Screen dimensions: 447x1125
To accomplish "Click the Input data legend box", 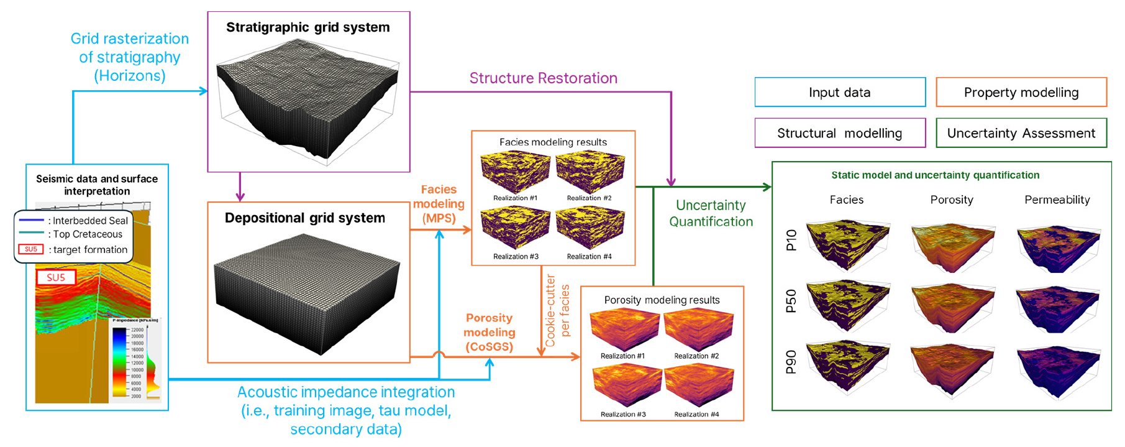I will [840, 93].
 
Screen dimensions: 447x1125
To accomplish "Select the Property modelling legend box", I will [1021, 93].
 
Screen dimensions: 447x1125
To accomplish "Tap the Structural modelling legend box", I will [840, 133].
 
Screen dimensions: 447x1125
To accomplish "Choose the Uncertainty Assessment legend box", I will [1021, 133].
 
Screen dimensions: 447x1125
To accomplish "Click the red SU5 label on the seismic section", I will [56, 278].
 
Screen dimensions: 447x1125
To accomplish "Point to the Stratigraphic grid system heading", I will [308, 27].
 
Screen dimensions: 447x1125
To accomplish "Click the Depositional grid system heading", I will [305, 218].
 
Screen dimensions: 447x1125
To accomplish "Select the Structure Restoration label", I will [543, 78].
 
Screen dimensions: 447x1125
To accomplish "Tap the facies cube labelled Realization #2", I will [590, 173].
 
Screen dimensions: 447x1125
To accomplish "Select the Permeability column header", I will [1057, 200].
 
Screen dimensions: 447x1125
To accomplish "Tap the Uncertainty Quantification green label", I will [711, 213].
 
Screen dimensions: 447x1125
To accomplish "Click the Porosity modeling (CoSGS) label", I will [489, 332].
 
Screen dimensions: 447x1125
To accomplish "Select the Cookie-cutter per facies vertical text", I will [557, 311].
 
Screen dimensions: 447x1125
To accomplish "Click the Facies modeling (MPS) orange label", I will [439, 204].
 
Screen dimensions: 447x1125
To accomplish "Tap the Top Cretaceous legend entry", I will [87, 234].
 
